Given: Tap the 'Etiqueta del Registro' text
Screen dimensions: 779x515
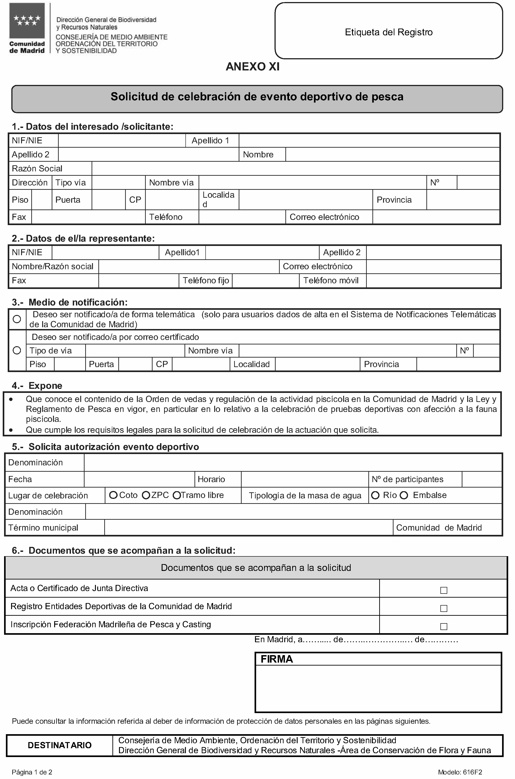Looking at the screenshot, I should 389,32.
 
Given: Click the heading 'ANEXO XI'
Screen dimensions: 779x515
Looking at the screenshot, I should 253,67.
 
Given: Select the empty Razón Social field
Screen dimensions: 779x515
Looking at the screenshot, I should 296,168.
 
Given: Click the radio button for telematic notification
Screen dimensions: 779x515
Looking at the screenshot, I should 17,319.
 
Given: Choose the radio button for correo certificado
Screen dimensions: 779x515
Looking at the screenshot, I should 17,351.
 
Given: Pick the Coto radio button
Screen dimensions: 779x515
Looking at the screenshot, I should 113,495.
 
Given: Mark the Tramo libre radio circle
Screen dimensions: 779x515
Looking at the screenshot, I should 177,495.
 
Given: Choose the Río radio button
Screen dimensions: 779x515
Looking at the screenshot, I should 375,495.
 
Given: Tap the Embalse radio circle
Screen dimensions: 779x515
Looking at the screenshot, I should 404,495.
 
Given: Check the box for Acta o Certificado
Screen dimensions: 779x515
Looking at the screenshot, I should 444,590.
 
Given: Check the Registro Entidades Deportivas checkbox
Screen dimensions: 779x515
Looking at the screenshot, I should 444,608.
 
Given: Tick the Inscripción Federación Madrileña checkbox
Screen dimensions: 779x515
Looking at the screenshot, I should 444,626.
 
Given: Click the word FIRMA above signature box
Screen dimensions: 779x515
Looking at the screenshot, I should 277,659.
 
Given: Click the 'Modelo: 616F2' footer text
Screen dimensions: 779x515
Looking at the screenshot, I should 460,772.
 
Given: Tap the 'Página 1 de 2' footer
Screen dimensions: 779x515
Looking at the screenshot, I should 32,772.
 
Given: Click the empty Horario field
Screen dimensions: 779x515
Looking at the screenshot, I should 304,479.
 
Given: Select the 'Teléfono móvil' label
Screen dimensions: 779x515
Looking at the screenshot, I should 331,281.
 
